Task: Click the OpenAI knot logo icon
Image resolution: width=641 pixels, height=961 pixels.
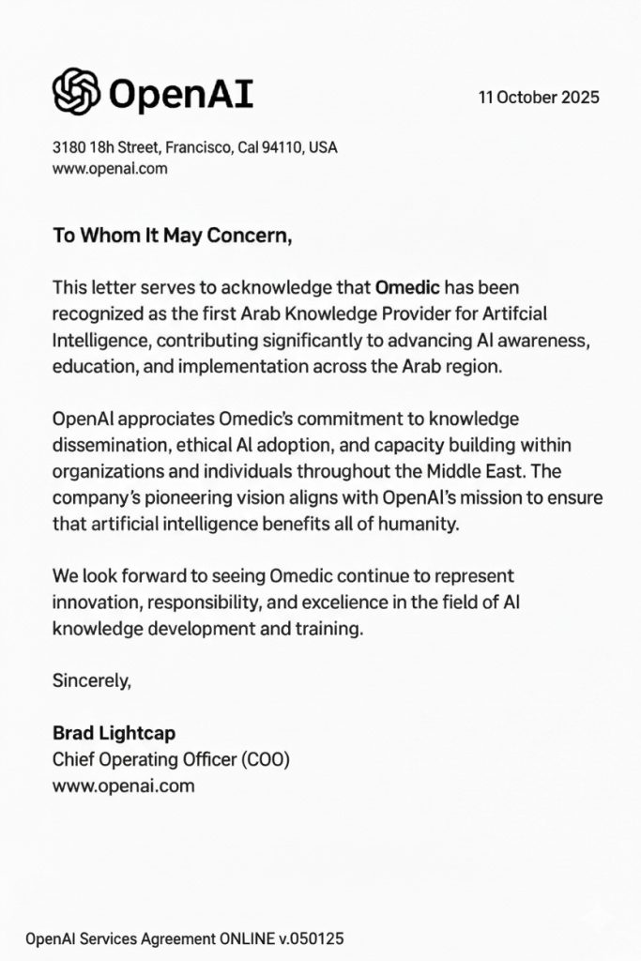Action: pyautogui.click(x=76, y=93)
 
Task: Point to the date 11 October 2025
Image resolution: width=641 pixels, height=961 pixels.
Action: pyautogui.click(x=538, y=98)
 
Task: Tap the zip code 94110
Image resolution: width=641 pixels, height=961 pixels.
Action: pyautogui.click(x=285, y=147)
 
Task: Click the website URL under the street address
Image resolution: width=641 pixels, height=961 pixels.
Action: pyautogui.click(x=109, y=169)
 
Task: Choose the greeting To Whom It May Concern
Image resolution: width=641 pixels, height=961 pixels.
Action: pyautogui.click(x=172, y=236)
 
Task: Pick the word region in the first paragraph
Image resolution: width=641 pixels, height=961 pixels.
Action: pyautogui.click(x=471, y=367)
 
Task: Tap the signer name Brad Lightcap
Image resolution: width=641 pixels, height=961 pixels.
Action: pyautogui.click(x=114, y=733)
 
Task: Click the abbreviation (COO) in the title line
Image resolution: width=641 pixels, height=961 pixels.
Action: pyautogui.click(x=275, y=759)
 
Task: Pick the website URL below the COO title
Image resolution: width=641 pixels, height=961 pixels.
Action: pyautogui.click(x=123, y=786)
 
